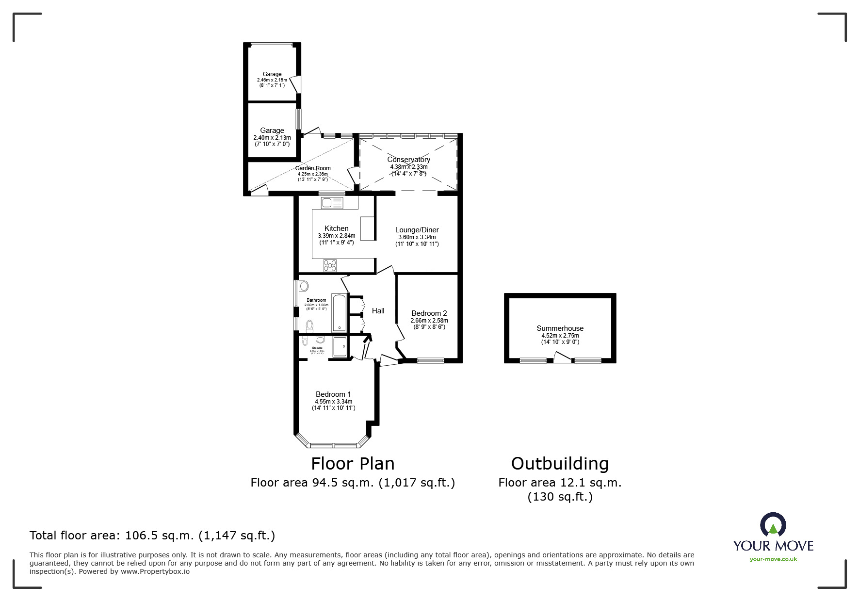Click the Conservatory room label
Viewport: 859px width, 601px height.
click(x=408, y=160)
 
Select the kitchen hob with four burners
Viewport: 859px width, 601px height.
click(x=330, y=265)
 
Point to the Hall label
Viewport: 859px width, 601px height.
click(x=378, y=311)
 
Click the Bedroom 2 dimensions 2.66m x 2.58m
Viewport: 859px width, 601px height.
click(x=429, y=321)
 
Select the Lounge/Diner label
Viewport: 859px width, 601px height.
click(x=417, y=230)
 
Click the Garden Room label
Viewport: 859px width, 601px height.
click(x=313, y=168)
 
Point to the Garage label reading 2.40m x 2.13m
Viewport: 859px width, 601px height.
click(x=272, y=137)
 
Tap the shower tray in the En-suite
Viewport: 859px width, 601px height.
click(x=340, y=347)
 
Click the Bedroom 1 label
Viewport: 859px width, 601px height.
click(x=333, y=394)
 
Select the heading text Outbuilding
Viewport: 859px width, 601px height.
click(x=560, y=464)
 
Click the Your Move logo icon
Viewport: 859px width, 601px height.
click(x=773, y=525)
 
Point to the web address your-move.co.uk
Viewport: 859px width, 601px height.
click(x=773, y=559)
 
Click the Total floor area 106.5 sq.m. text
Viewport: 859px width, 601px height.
click(x=152, y=536)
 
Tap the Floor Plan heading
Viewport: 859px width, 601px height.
click(x=353, y=464)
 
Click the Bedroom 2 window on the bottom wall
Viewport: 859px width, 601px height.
click(x=431, y=360)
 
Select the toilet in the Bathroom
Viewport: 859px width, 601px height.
click(x=309, y=325)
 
